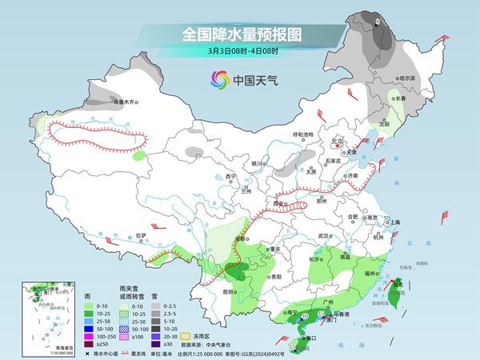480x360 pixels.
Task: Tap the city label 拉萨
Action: click(141, 235)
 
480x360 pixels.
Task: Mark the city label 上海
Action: click(394, 222)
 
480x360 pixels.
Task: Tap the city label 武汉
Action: click(323, 236)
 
